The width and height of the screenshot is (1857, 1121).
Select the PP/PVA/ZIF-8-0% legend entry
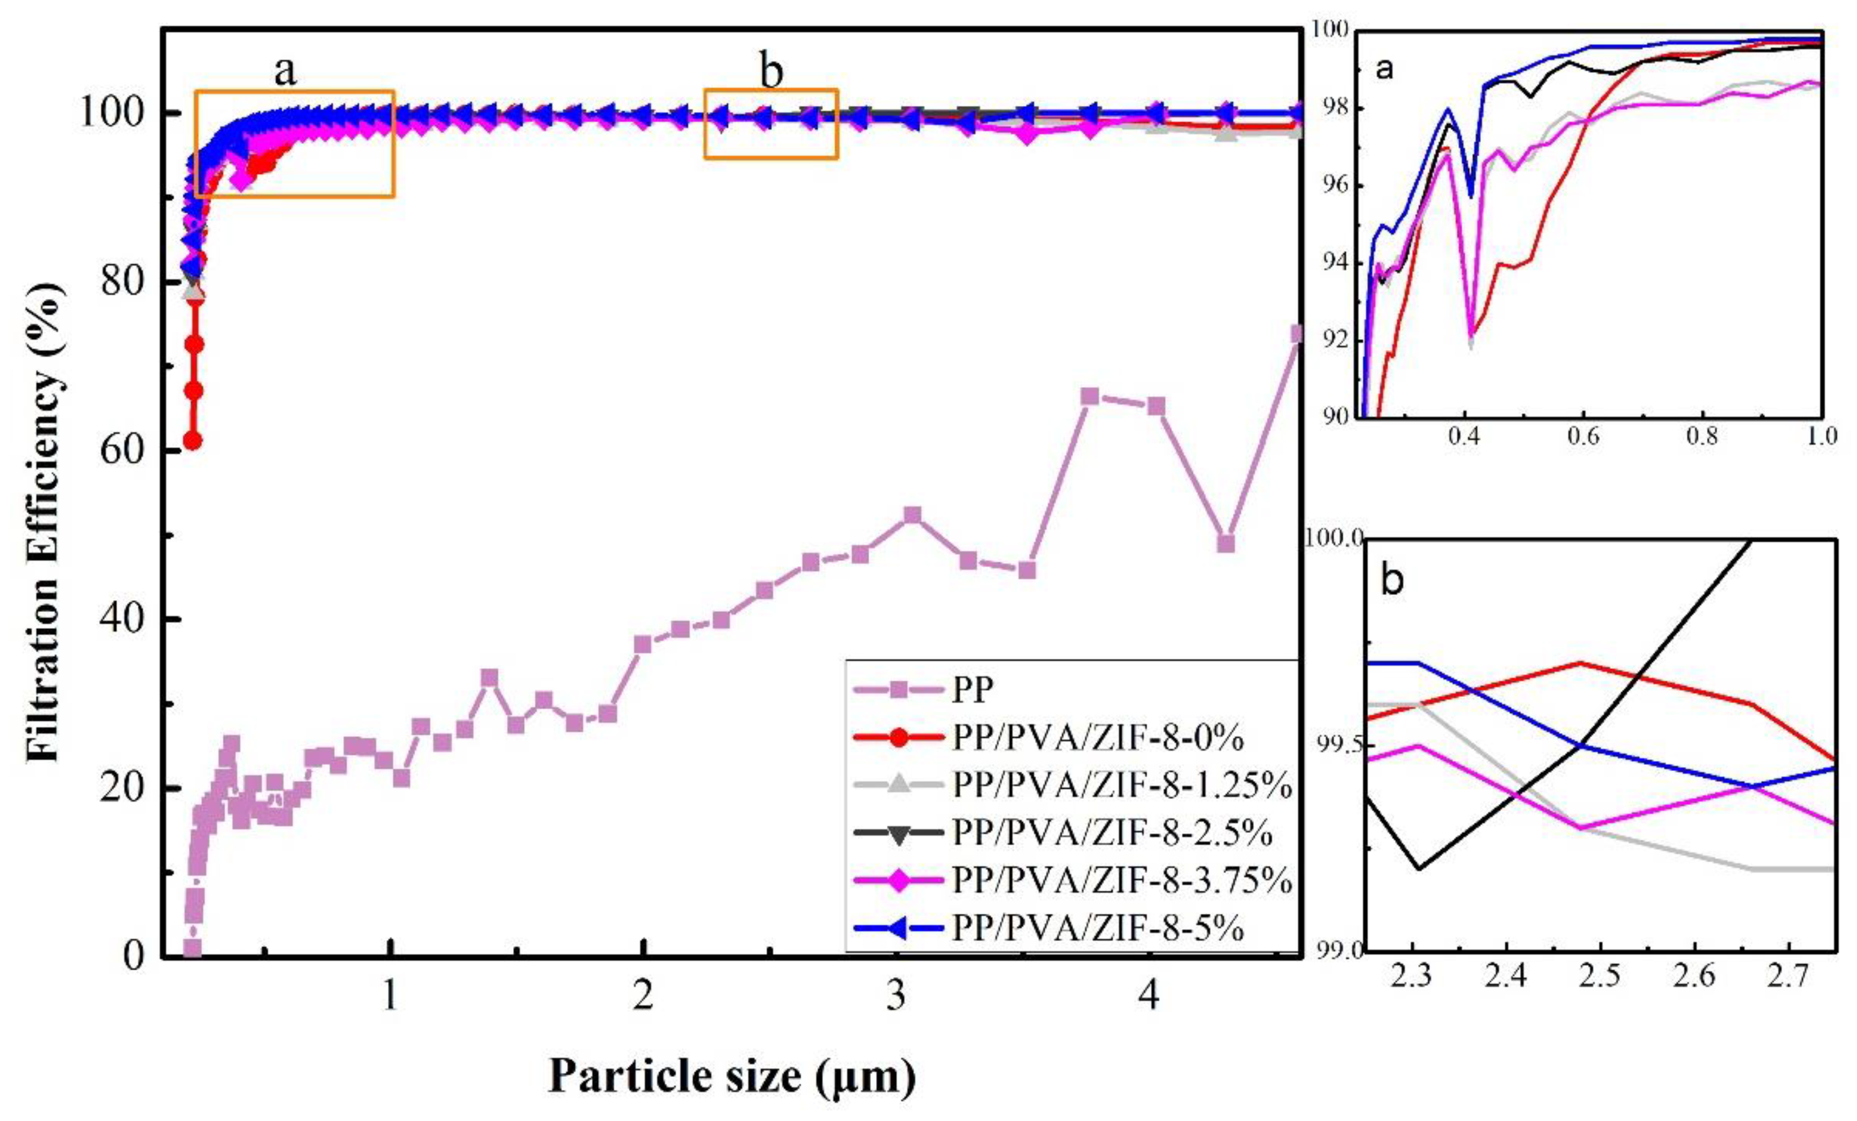click(1096, 738)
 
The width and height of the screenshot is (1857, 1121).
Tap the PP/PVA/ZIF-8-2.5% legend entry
click(1112, 833)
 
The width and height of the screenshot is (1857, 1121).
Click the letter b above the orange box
click(770, 71)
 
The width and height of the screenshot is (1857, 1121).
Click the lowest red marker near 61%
click(193, 440)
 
